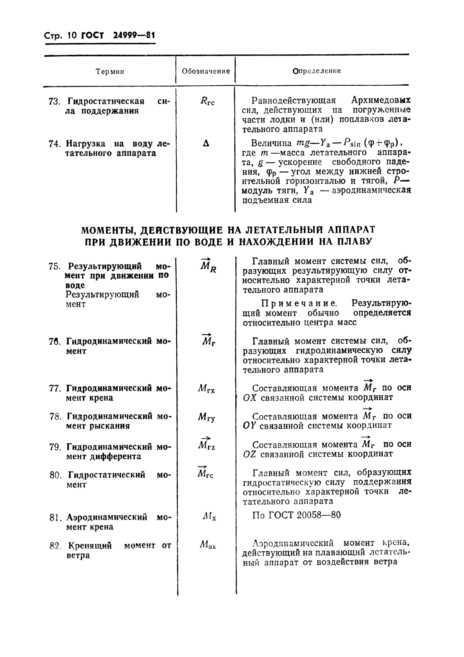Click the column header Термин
(x=110, y=71)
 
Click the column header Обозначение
(x=206, y=71)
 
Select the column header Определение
(x=317, y=71)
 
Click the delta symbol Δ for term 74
(x=206, y=144)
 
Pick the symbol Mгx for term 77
(x=206, y=389)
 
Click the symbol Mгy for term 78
(x=206, y=418)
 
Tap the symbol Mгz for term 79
(x=206, y=445)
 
